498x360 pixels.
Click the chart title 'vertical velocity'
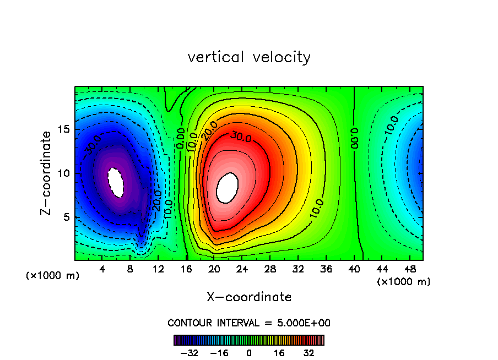coord(249,57)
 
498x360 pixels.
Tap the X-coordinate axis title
coord(249,297)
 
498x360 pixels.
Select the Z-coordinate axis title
coord(47,173)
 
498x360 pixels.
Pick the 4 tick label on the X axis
coord(102,270)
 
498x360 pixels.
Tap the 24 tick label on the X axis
coord(242,270)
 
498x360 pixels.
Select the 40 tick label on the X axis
coord(354,270)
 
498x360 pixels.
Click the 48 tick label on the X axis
coord(409,270)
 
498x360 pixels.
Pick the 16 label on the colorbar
coord(279,352)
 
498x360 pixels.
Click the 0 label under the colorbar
coord(249,352)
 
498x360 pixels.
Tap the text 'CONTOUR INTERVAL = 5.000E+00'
coord(249,323)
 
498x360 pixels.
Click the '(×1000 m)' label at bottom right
coord(404,281)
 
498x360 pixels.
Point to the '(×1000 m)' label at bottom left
coord(53,275)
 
